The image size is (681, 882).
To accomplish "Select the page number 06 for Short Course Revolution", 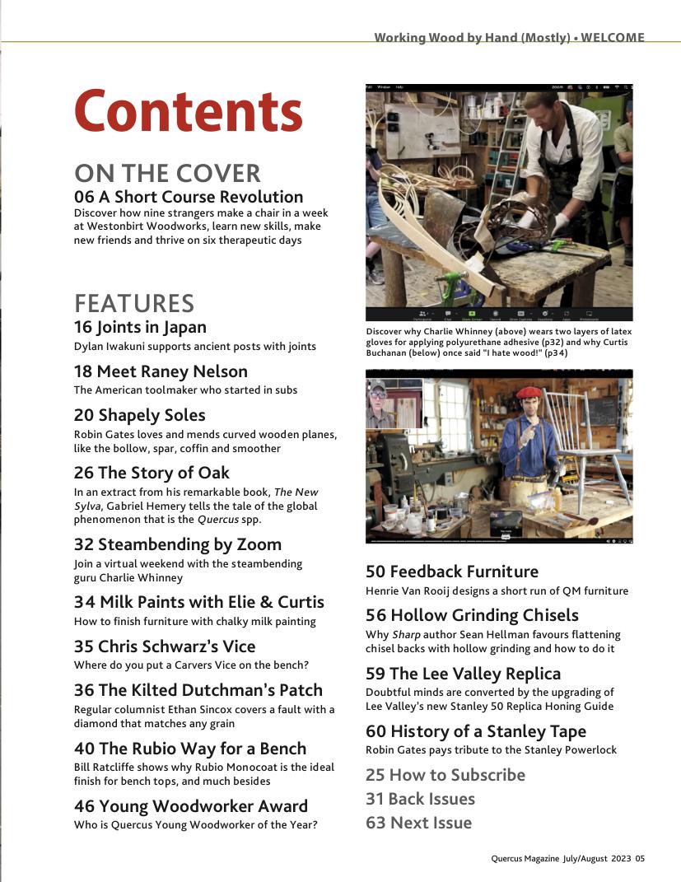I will [84, 197].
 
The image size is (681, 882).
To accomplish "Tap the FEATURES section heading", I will [134, 302].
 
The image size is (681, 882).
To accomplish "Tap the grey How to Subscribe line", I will [445, 775].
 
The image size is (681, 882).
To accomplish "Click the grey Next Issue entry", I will [418, 823].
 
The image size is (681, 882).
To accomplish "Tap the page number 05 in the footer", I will [640, 858].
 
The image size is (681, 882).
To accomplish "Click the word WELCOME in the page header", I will [613, 37].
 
